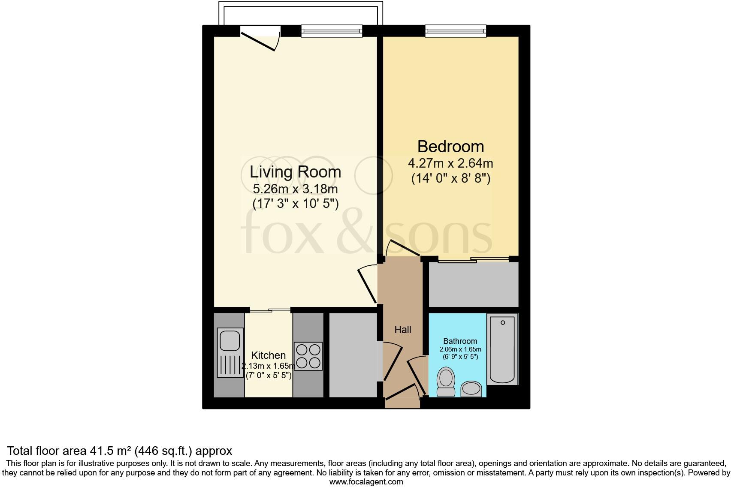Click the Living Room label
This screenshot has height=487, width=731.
pyautogui.click(x=295, y=172)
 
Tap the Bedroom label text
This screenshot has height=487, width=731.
pyautogui.click(x=450, y=147)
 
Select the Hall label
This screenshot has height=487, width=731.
pyautogui.click(x=402, y=329)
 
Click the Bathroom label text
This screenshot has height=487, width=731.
pyautogui.click(x=460, y=341)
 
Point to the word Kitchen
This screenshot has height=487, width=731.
pyautogui.click(x=268, y=355)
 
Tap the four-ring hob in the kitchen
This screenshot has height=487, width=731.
pyautogui.click(x=308, y=356)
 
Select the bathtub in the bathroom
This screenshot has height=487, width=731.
pyautogui.click(x=502, y=349)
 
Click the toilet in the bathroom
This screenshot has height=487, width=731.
pyautogui.click(x=446, y=382)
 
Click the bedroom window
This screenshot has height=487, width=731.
pyautogui.click(x=456, y=31)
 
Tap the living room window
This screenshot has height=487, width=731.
pyautogui.click(x=332, y=31)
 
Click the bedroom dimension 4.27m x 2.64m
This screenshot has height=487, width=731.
pyautogui.click(x=450, y=163)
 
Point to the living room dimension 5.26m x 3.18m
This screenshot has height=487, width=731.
pyautogui.click(x=295, y=189)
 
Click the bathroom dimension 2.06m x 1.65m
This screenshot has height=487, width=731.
pyautogui.click(x=460, y=349)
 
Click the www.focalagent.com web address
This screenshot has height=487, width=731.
pyautogui.click(x=366, y=481)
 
